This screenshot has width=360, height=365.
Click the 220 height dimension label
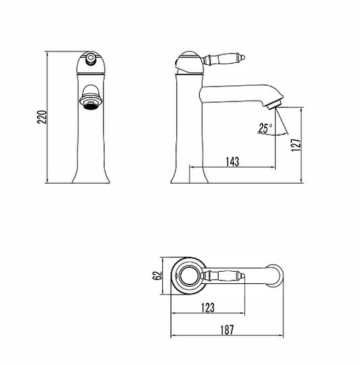(x=42, y=117)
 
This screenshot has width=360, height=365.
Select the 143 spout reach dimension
(x=232, y=162)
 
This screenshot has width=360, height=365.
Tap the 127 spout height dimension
(x=296, y=145)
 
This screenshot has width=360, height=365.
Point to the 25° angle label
(x=265, y=128)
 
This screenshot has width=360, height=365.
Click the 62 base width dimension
(x=158, y=276)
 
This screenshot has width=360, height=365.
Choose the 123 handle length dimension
(x=207, y=308)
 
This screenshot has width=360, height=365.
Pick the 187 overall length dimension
(x=227, y=330)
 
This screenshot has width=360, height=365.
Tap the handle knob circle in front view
(x=91, y=57)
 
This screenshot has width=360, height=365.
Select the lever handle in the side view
(x=224, y=59)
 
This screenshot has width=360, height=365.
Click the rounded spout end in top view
(x=276, y=276)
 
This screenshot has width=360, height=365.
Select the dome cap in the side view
(x=189, y=61)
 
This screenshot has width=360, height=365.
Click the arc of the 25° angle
(x=272, y=135)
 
